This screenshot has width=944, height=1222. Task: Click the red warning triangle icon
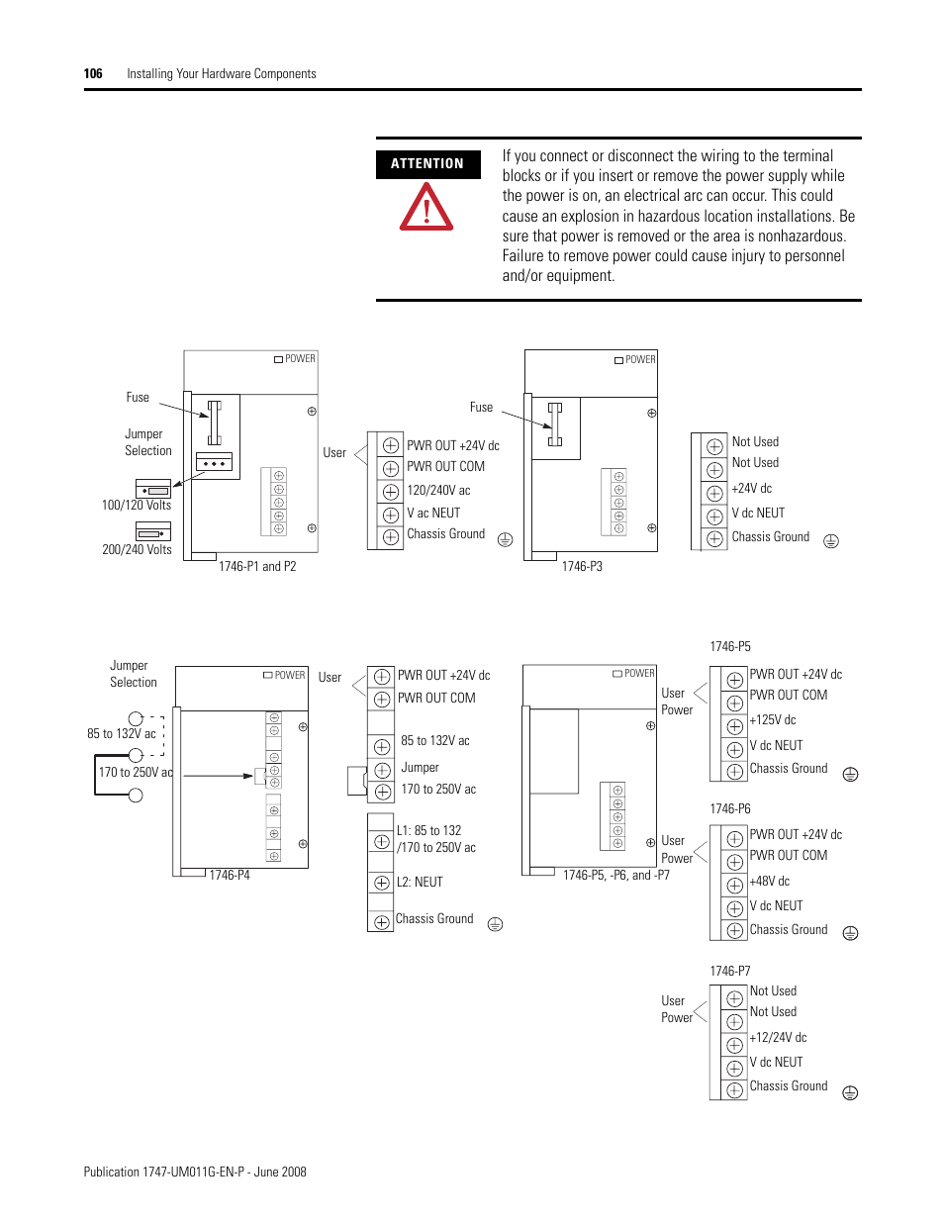pyautogui.click(x=426, y=208)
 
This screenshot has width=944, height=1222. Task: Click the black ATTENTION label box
pyautogui.click(x=427, y=164)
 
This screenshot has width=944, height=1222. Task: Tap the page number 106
pyautogui.click(x=93, y=73)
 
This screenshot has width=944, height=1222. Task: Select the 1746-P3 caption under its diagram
pyautogui.click(x=582, y=566)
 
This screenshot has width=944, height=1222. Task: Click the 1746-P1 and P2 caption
pyautogui.click(x=257, y=566)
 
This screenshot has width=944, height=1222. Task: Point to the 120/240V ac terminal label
pyautogui.click(x=438, y=490)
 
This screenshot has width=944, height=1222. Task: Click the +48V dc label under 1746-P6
pyautogui.click(x=770, y=881)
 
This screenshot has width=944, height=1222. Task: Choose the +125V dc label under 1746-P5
pyautogui.click(x=773, y=719)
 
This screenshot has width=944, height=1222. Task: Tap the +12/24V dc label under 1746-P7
pyautogui.click(x=778, y=1037)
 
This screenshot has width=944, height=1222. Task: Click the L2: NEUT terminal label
pyautogui.click(x=420, y=882)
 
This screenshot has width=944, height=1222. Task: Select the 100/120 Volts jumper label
pyautogui.click(x=137, y=505)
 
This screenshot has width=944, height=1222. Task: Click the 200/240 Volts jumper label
pyautogui.click(x=137, y=549)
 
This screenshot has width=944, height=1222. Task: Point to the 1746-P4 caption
pyautogui.click(x=230, y=875)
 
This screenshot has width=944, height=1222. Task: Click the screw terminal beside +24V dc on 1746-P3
pyautogui.click(x=714, y=493)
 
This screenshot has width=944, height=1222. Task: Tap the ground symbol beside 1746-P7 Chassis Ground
pyautogui.click(x=850, y=1092)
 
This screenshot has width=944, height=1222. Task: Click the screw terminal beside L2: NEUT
pyautogui.click(x=382, y=883)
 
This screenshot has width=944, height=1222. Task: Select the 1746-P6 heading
pyautogui.click(x=730, y=808)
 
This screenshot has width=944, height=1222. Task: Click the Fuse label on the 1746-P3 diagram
pyautogui.click(x=481, y=407)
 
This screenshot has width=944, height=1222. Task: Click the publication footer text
pyautogui.click(x=195, y=1172)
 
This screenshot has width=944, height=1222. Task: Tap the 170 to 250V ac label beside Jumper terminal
pyautogui.click(x=438, y=789)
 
